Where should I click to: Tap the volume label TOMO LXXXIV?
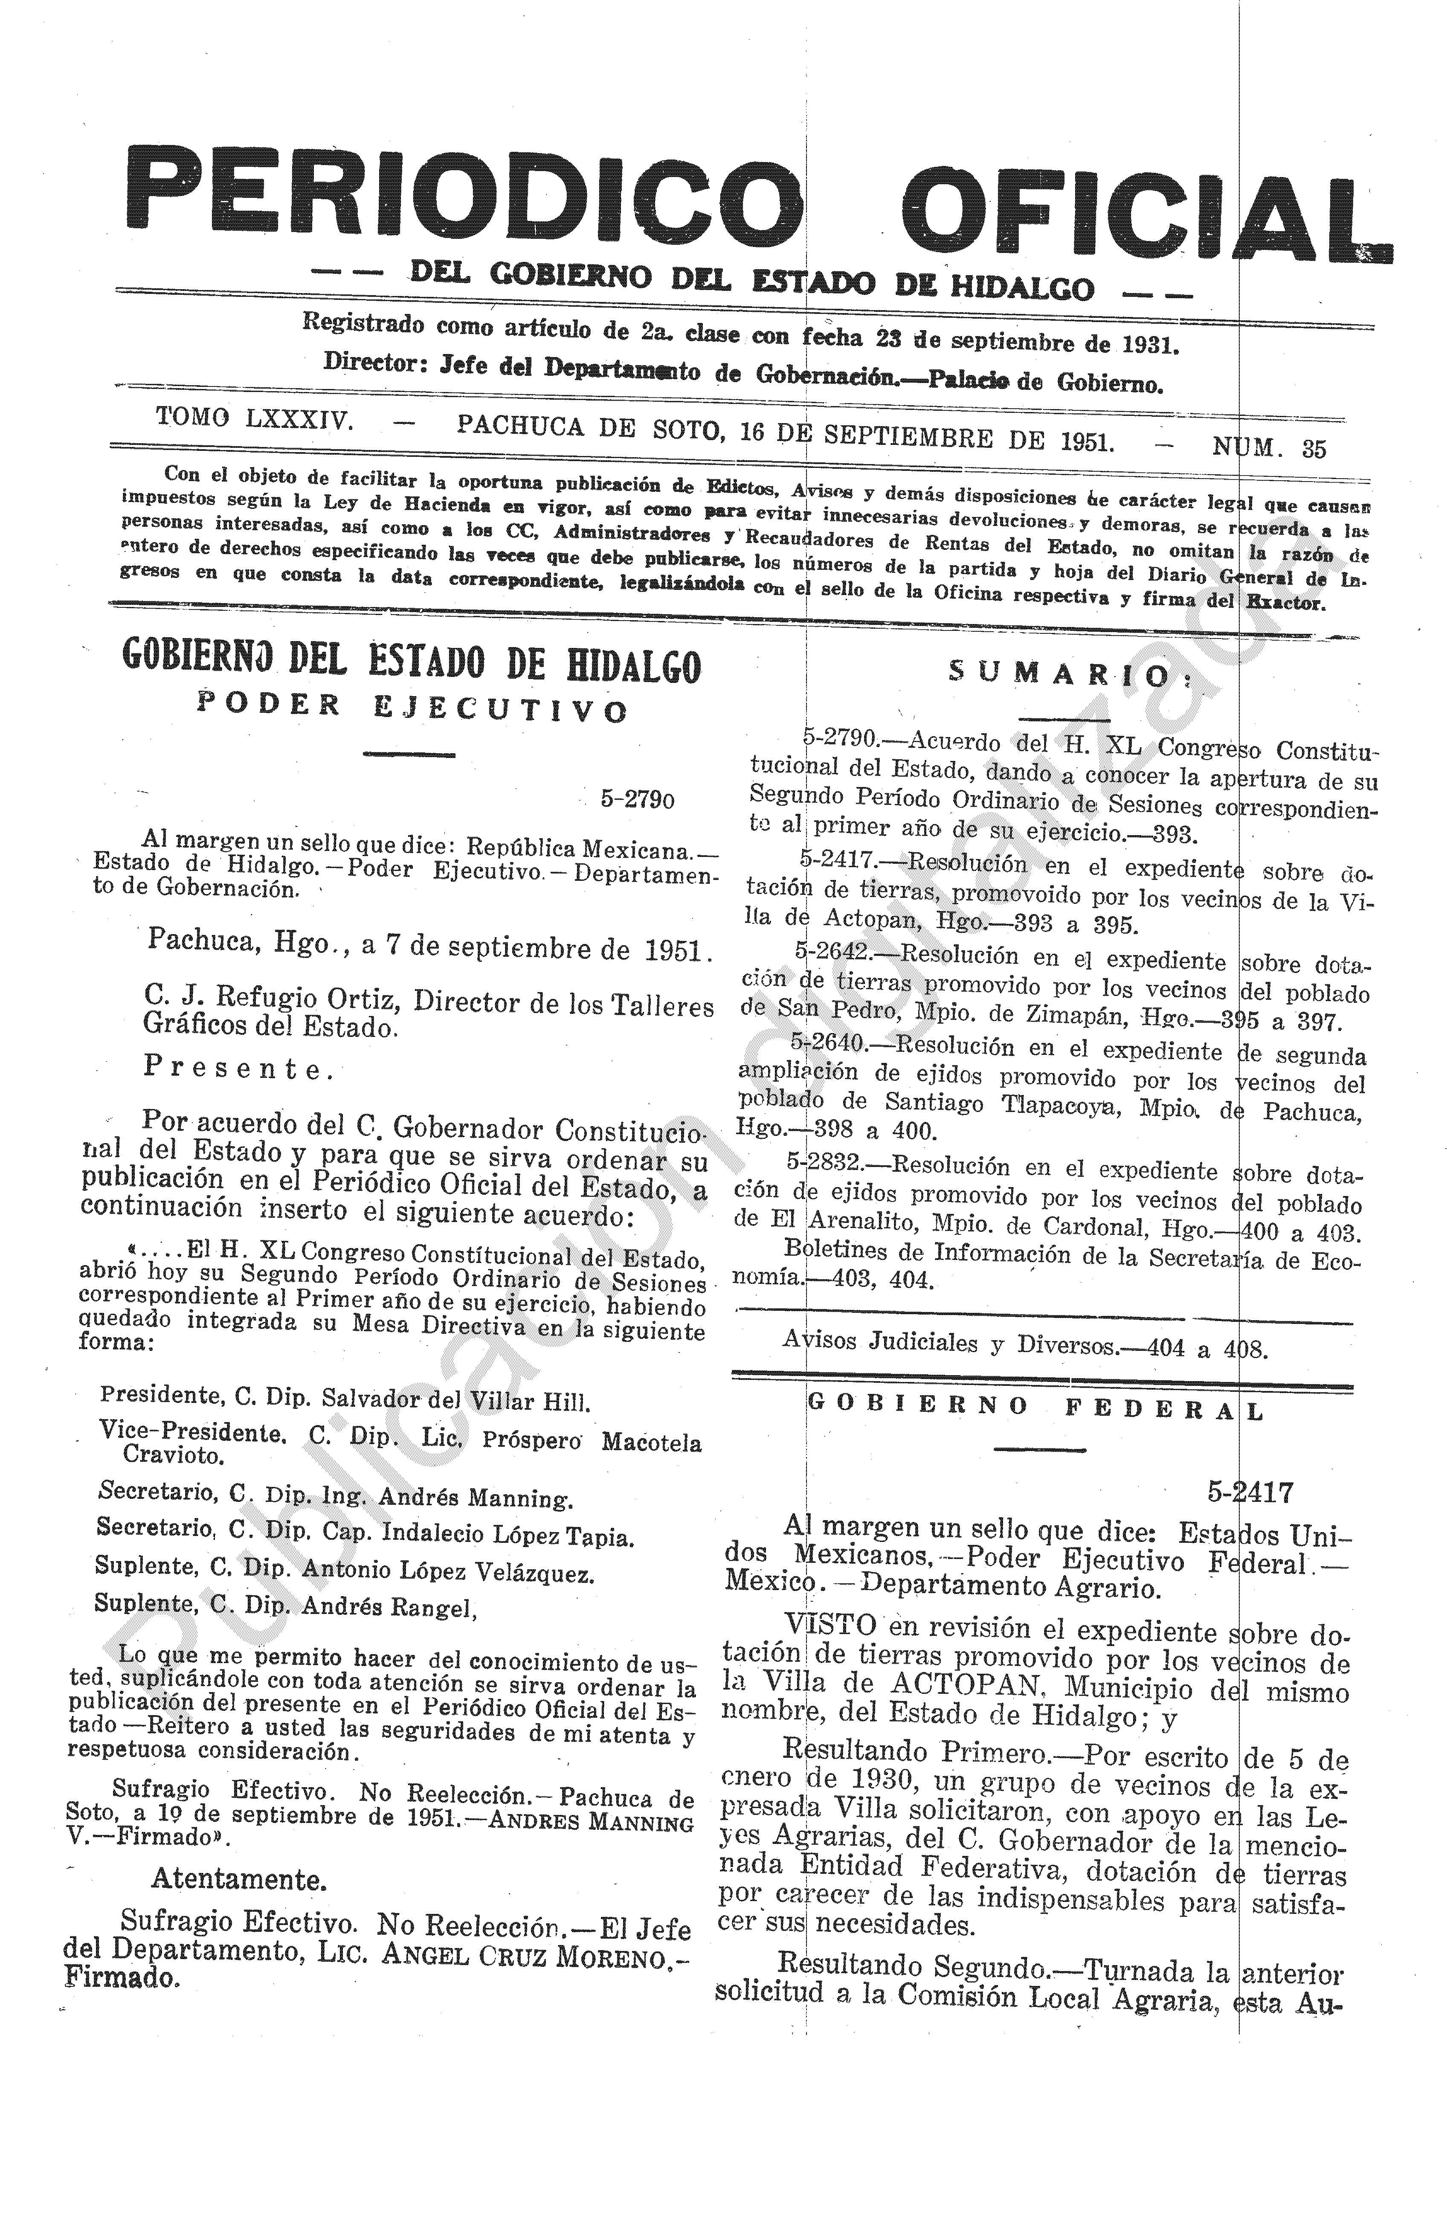(x=253, y=418)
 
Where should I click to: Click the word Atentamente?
(x=238, y=1880)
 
